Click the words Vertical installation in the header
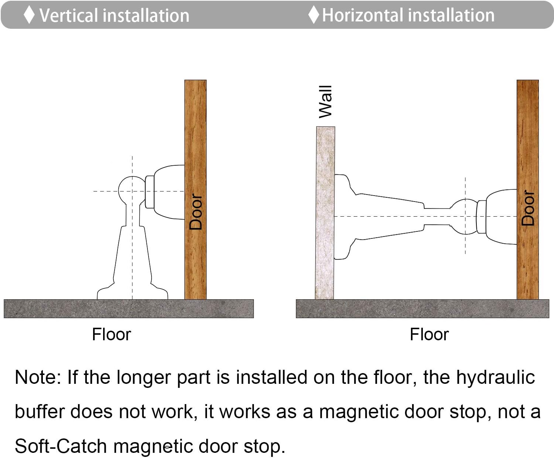click(x=114, y=16)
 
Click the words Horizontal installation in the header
click(x=408, y=15)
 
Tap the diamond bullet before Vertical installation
click(x=29, y=15)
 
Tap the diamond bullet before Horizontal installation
click(x=314, y=14)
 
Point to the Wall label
click(x=325, y=102)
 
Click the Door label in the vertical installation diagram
click(x=196, y=211)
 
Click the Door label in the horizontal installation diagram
click(x=528, y=208)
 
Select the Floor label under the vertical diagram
click(x=112, y=334)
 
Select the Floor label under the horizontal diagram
click(x=429, y=334)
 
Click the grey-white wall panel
click(x=325, y=213)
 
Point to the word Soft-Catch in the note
click(x=61, y=446)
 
